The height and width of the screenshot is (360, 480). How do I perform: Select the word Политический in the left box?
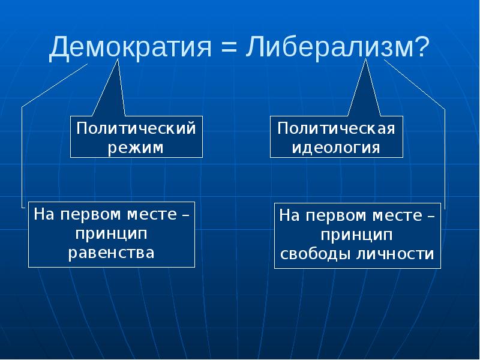[x=136, y=129]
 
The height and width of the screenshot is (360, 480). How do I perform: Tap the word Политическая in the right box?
[x=336, y=129]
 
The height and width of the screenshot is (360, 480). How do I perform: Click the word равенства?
[x=112, y=252]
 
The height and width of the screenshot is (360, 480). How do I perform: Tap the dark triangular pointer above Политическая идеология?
[x=365, y=90]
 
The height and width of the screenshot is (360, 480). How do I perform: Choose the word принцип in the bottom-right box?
[x=357, y=234]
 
